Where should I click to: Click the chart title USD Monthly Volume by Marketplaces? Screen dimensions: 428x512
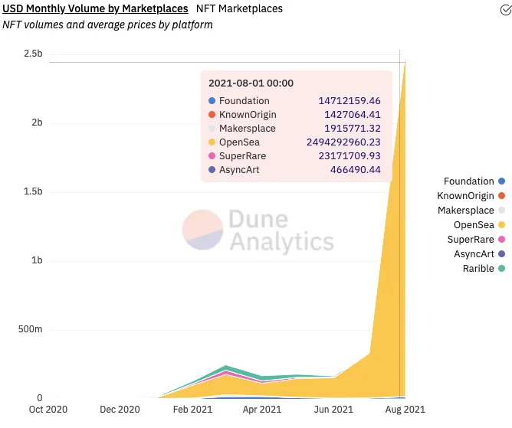[x=97, y=8]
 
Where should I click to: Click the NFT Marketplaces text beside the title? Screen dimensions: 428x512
[x=239, y=8]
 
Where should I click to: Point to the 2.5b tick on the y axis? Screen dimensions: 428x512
[x=33, y=54]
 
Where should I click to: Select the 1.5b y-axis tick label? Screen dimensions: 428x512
[x=33, y=191]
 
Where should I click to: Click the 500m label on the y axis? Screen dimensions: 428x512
[x=30, y=329]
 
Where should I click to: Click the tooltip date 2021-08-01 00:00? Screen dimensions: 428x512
[x=251, y=83]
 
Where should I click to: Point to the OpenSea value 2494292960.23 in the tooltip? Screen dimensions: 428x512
[x=350, y=142]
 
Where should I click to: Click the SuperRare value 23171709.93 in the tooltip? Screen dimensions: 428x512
[x=350, y=156]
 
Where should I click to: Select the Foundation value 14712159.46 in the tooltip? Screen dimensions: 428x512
[x=350, y=101]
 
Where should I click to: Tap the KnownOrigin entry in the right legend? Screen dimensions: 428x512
[x=465, y=196]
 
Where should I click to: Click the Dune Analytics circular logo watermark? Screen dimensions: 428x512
[x=202, y=230]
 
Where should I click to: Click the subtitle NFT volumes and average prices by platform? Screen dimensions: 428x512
[x=107, y=25]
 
